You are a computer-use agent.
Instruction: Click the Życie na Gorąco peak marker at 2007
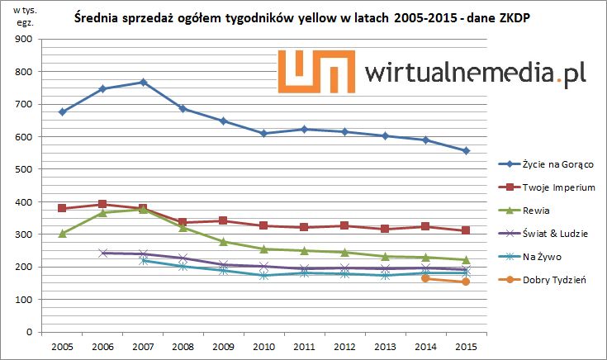coord(143,83)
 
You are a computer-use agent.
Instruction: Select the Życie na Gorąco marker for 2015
coord(466,151)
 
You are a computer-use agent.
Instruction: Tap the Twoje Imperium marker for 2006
coord(102,204)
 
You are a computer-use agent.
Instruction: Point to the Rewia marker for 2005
coord(62,234)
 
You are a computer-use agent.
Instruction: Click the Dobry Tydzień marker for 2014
coord(425,278)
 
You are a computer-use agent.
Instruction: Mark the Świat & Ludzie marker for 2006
coord(102,253)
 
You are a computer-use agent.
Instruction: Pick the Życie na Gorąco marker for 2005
coord(62,111)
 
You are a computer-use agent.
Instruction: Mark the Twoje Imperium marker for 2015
coord(466,230)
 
